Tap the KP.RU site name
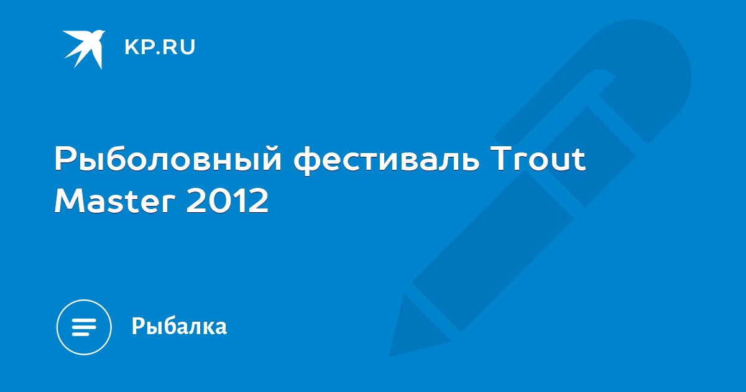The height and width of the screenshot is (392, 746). [160, 47]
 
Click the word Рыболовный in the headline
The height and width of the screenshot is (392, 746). [168, 160]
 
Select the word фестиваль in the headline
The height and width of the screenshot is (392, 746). [386, 160]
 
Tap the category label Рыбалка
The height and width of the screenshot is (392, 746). [180, 326]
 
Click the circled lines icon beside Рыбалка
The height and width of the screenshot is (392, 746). [84, 327]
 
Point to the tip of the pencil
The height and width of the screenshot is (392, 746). [390, 355]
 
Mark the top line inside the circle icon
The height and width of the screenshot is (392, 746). [84, 320]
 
